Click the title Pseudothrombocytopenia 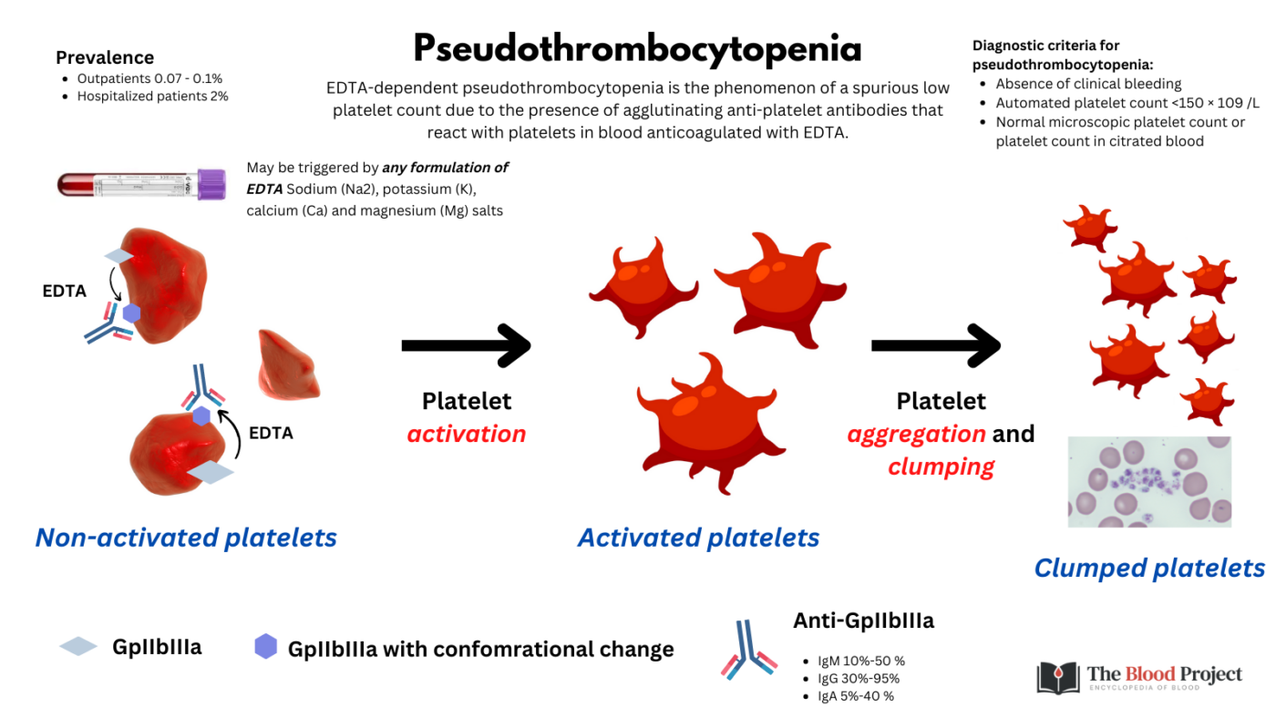coord(637,48)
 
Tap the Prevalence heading coord(105,57)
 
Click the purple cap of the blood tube coord(211,184)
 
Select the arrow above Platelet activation coord(466,345)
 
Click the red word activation coord(466,434)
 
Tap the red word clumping coord(941,467)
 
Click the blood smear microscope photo coord(1149,481)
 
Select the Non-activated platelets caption coord(186,538)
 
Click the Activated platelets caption coord(698,538)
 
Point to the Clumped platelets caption coord(1148,569)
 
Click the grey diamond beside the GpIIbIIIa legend coord(78,647)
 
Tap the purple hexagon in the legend coord(265,648)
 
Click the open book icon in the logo coord(1057,677)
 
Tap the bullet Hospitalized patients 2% coord(152,96)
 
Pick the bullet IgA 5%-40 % coord(854,696)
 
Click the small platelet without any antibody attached coord(289,364)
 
